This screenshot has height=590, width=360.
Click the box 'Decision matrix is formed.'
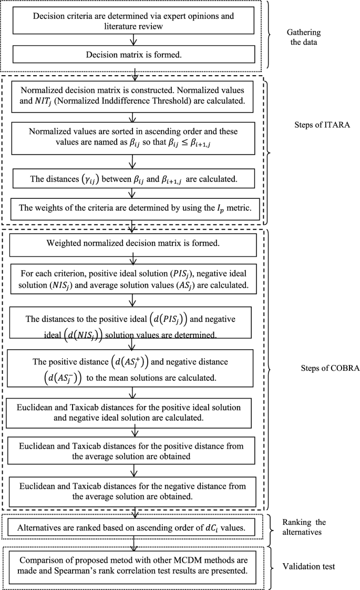coord(135,54)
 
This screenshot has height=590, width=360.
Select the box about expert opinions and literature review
coord(135,20)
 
